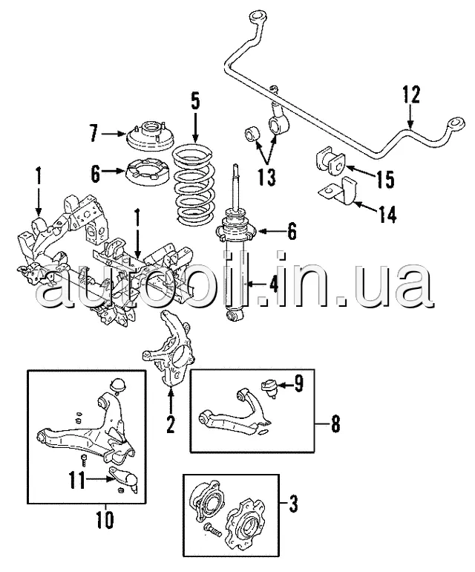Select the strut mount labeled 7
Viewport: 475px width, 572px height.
coord(149,137)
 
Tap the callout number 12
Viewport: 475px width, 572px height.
coord(411,94)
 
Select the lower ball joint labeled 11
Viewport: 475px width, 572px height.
coord(125,478)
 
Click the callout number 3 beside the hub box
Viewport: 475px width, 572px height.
coord(293,504)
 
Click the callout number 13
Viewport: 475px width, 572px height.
coord(267,178)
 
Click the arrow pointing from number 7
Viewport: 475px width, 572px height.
coord(114,134)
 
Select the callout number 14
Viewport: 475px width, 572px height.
coord(387,214)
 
